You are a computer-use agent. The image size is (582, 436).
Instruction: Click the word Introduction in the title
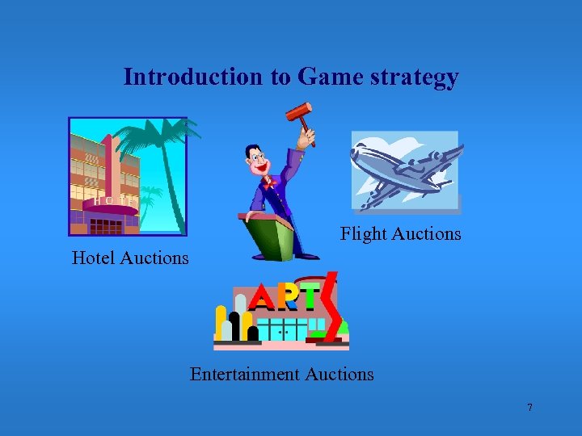[192, 77]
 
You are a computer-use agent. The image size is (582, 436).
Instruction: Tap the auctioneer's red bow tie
[269, 184]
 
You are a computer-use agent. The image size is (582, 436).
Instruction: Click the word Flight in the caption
[364, 234]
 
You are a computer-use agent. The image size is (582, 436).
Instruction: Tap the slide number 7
[529, 408]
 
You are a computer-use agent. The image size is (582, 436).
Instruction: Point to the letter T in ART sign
[308, 298]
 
